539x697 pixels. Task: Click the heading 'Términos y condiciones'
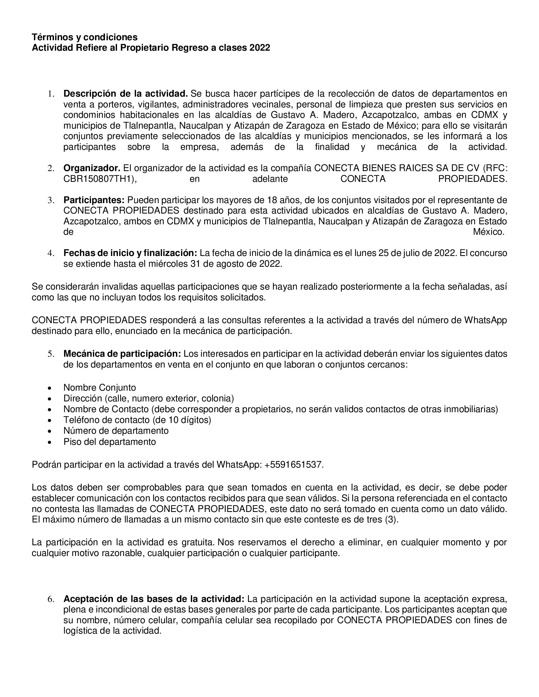click(x=85, y=37)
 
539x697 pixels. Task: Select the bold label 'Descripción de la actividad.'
click(x=126, y=94)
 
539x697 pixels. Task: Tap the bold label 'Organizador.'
click(x=92, y=168)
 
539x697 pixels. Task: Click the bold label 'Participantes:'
click(x=94, y=200)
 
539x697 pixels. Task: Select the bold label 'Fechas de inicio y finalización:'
click(x=130, y=253)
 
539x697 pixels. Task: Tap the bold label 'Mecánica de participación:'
click(x=122, y=354)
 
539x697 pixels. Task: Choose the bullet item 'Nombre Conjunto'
click(x=100, y=388)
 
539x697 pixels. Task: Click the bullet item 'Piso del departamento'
click(x=109, y=442)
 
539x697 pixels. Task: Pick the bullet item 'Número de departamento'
click(x=116, y=431)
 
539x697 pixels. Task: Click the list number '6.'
click(x=51, y=599)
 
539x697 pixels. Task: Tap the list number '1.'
click(x=51, y=94)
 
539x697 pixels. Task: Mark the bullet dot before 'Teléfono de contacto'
click(x=49, y=420)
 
